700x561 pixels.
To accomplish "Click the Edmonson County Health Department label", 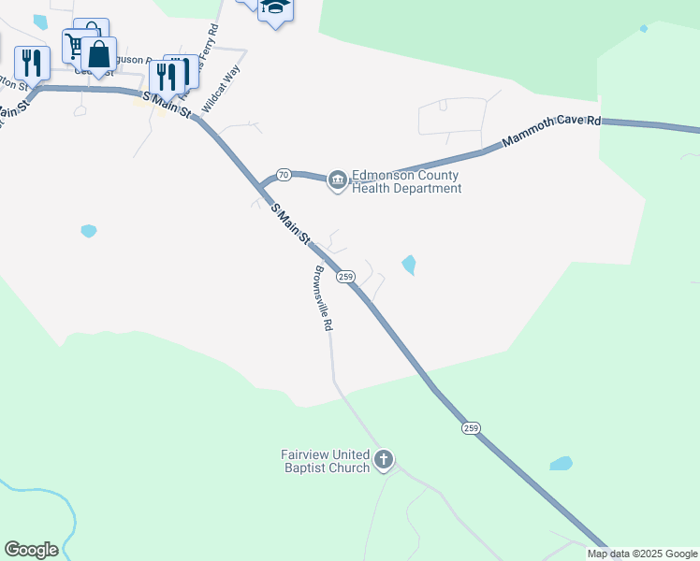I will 406,181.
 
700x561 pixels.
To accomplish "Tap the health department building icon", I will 337,180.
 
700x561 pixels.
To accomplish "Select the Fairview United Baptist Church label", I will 325,461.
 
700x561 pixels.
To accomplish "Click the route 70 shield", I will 284,175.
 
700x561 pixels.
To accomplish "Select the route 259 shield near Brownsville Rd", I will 345,277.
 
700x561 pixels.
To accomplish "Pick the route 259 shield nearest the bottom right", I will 470,427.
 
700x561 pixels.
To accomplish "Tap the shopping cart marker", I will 76,44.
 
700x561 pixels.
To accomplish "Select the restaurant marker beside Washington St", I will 34,63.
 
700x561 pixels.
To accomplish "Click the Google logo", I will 31,550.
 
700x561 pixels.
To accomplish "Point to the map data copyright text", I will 642,554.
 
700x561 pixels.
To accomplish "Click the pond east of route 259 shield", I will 409,266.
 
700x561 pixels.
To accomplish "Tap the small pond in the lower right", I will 561,463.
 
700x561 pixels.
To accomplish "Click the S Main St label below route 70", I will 290,225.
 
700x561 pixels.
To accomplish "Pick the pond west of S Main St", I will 89,230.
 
